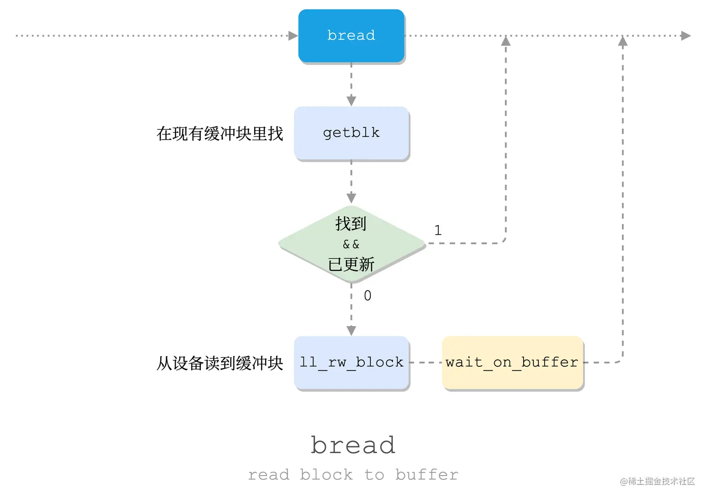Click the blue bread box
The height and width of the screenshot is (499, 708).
(x=351, y=36)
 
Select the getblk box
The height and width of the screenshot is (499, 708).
(x=351, y=133)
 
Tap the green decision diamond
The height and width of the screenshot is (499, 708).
(x=351, y=244)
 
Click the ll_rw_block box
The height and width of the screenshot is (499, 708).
(x=351, y=362)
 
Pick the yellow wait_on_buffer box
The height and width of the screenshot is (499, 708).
(x=512, y=362)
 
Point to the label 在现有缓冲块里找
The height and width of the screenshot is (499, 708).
(x=220, y=134)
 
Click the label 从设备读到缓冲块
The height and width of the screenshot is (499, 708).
(x=220, y=363)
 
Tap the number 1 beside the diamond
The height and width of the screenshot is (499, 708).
(x=438, y=231)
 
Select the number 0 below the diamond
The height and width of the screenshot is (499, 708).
(x=368, y=296)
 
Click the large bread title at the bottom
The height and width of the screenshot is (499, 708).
(x=353, y=445)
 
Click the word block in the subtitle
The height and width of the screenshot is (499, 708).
(x=326, y=475)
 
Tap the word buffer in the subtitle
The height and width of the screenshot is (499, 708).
(x=427, y=475)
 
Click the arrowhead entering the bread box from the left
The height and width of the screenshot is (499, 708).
(x=293, y=36)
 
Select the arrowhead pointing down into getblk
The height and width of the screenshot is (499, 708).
(x=351, y=101)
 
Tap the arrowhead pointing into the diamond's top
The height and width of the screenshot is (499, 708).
(x=351, y=198)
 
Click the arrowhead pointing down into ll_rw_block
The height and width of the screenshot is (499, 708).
(x=351, y=331)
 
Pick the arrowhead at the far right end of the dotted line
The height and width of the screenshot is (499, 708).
(x=686, y=36)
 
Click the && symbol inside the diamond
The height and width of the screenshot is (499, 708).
(x=351, y=244)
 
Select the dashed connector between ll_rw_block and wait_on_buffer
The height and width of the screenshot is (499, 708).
(x=426, y=362)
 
